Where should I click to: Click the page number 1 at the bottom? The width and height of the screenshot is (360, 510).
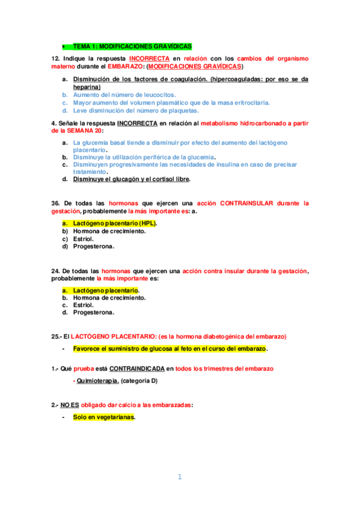pyautogui.click(x=179, y=477)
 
